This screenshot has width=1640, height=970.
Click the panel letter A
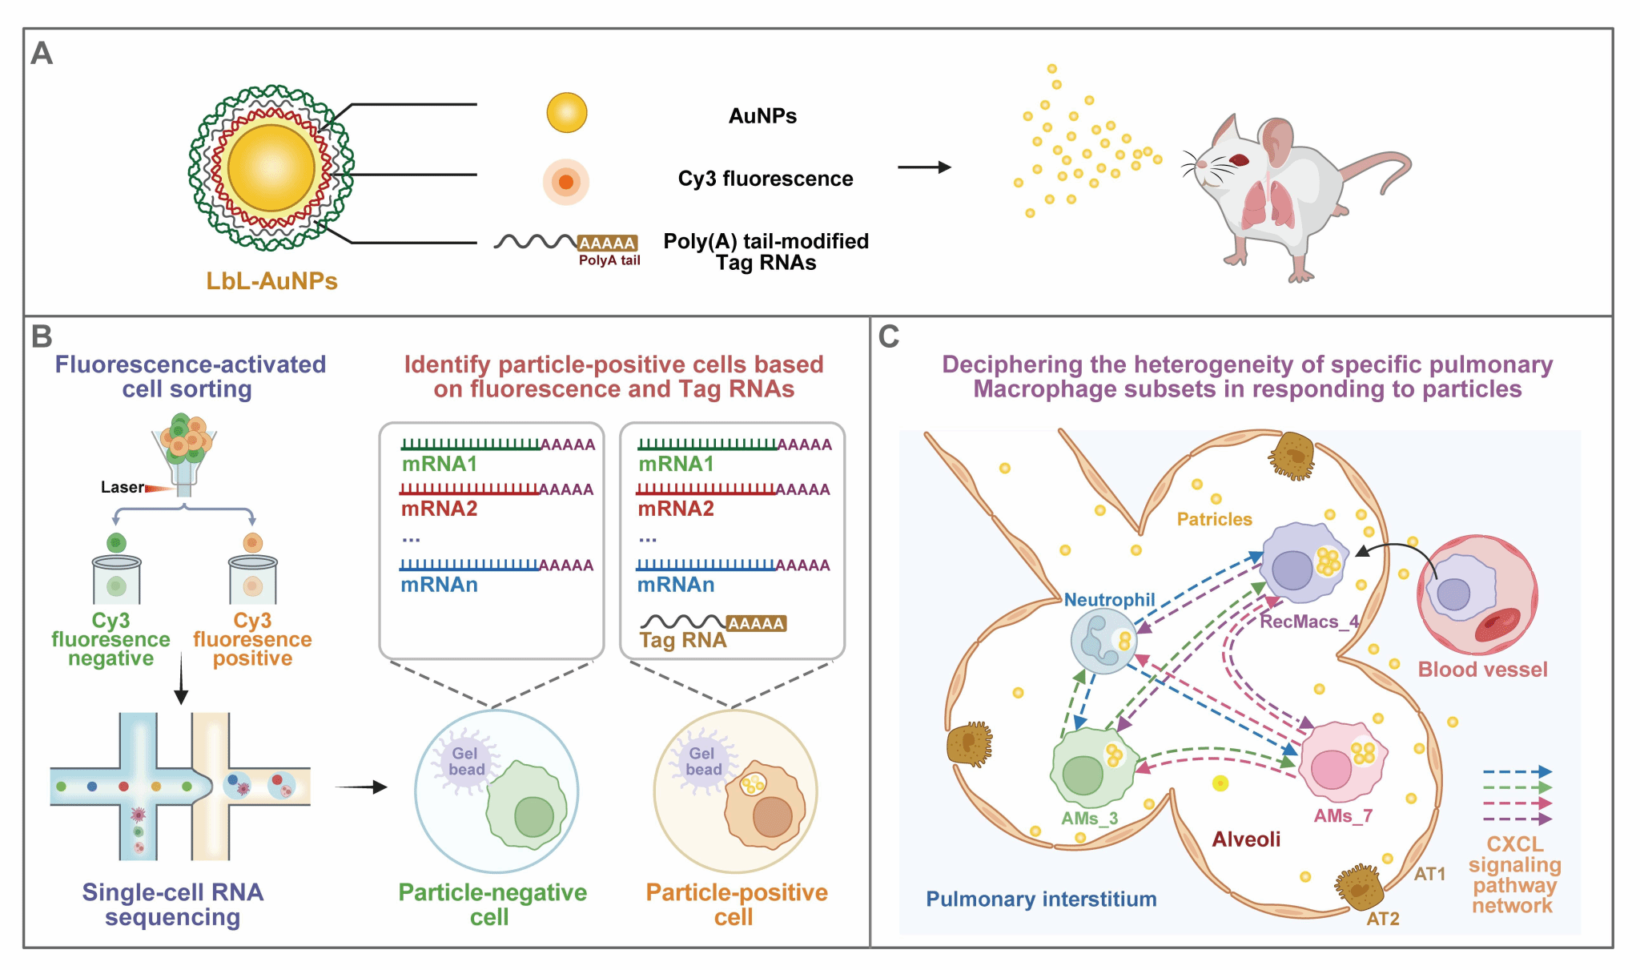(x=42, y=54)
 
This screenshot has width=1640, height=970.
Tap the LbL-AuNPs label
(x=271, y=281)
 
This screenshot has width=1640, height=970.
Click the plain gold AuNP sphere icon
(x=567, y=113)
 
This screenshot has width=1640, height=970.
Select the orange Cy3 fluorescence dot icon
(x=566, y=182)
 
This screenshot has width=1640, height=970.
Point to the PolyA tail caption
(x=609, y=260)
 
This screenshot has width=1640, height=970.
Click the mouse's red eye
(x=1240, y=160)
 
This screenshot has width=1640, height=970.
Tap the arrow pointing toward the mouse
(x=924, y=167)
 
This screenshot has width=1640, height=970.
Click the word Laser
(x=122, y=487)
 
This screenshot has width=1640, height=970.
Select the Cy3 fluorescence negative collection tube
(x=117, y=581)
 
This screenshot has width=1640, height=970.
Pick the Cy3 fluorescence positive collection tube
(x=253, y=581)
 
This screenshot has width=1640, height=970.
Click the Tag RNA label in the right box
(x=683, y=640)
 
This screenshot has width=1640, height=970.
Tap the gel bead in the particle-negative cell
(x=466, y=762)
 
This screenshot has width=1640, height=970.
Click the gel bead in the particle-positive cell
(x=703, y=762)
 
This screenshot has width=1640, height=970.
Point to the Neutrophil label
(x=1109, y=600)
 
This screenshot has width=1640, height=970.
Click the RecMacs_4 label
(x=1309, y=622)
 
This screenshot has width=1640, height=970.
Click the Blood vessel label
(x=1482, y=670)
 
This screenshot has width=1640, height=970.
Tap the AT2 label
(x=1383, y=919)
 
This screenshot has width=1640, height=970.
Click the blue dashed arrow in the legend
(x=1517, y=772)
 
